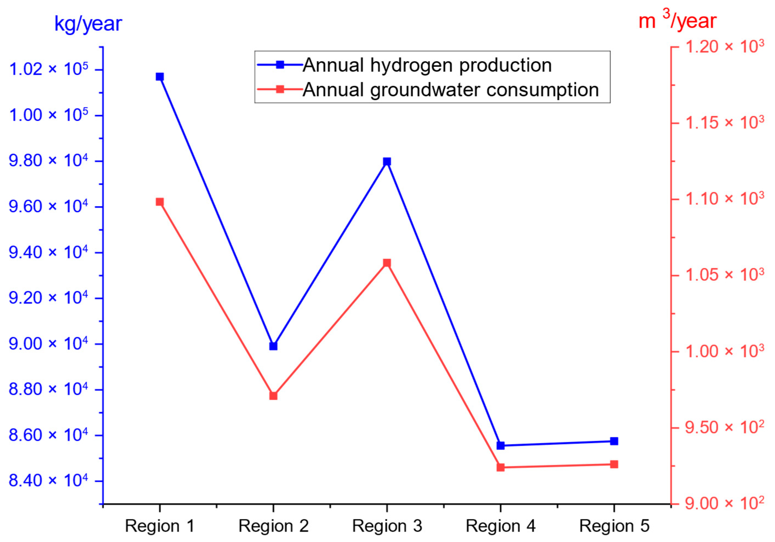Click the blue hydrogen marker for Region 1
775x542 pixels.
[x=160, y=77]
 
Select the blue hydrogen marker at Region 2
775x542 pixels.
[x=273, y=346]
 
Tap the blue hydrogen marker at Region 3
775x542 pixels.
[x=387, y=162]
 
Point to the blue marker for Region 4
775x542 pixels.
[x=501, y=445]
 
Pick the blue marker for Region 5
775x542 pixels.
[x=614, y=441]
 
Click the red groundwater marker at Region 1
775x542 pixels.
[x=160, y=202]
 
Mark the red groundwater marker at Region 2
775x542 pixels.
[x=273, y=396]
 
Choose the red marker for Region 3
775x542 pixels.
[x=387, y=263]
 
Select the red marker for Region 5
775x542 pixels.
[x=614, y=465]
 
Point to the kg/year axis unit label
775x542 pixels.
[x=88, y=24]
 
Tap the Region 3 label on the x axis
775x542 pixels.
[x=387, y=526]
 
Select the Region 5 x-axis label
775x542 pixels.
[x=614, y=526]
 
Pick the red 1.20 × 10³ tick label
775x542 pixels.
[x=724, y=46]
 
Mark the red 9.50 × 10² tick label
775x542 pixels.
[x=724, y=427]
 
